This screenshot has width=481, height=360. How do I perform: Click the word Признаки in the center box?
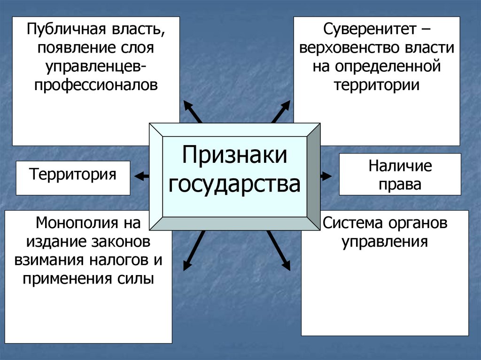(x=234, y=155)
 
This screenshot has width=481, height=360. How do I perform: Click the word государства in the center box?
(x=234, y=184)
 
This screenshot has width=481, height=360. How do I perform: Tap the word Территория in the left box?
(x=73, y=175)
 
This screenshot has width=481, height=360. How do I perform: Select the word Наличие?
(x=400, y=166)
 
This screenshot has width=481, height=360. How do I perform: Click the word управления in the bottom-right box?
(x=384, y=241)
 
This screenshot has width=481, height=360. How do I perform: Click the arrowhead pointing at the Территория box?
(x=139, y=176)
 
